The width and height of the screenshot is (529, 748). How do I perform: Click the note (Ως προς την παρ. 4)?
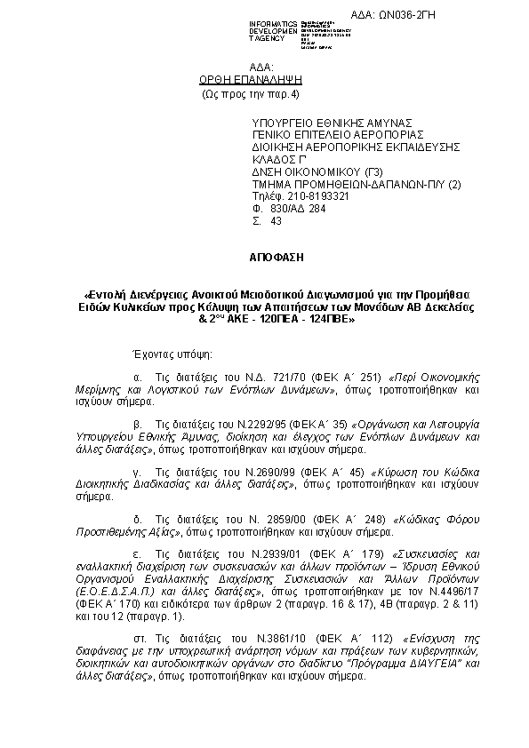click(x=252, y=92)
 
